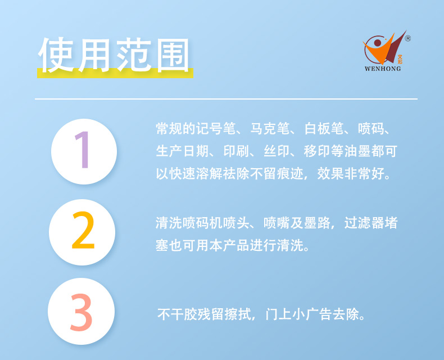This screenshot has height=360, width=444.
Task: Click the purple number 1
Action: (83, 150)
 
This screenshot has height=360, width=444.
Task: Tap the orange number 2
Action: (83, 230)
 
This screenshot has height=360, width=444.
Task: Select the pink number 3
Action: (81, 312)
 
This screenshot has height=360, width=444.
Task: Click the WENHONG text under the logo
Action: (383, 69)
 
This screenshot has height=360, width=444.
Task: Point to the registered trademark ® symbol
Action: (408, 38)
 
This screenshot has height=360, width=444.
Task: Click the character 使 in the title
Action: (56, 55)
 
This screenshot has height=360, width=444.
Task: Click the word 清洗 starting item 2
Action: (169, 223)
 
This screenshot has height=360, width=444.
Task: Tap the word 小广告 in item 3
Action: (312, 314)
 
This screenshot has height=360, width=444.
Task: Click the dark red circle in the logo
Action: (378, 43)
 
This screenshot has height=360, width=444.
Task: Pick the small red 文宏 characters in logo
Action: (400, 59)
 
